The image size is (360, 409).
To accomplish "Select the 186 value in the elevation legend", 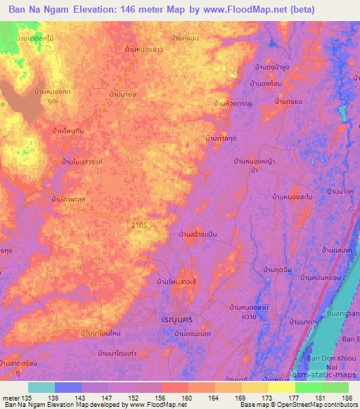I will [346, 398].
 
